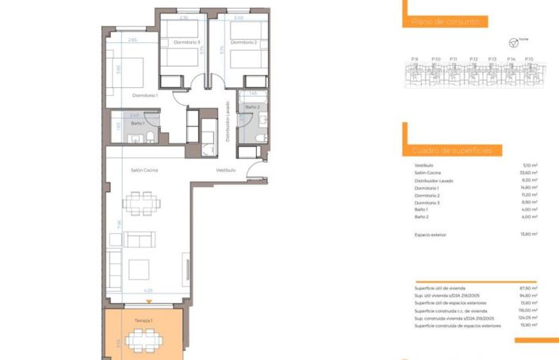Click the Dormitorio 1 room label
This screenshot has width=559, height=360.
click(146, 95)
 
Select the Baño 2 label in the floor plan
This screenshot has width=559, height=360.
click(252, 106)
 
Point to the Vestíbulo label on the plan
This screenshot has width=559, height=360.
click(226, 170)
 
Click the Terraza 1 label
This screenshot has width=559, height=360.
click(144, 320)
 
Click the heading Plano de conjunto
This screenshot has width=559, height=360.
click(445, 22)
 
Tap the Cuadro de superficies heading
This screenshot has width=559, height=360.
click(452, 150)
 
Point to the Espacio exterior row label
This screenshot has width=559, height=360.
click(431, 234)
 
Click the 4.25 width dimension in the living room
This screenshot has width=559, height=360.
click(147, 291)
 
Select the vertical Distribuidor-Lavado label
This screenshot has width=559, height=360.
click(228, 122)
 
